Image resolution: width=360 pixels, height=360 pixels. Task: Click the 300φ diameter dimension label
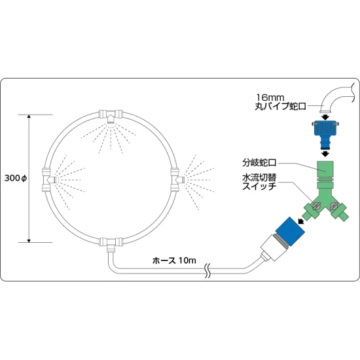tap(16, 178)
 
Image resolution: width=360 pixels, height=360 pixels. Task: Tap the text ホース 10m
tap(174, 261)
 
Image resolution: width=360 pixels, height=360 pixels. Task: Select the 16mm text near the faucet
tap(270, 98)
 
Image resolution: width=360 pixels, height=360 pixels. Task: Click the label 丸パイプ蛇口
tap(280, 106)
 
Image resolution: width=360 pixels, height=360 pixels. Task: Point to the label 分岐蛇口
tap(259, 163)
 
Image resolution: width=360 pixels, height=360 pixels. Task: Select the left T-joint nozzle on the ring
tap(48, 179)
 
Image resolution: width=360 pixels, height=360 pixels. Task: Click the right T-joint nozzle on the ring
tap(177, 179)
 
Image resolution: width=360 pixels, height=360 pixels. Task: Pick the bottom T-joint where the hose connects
tap(111, 243)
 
